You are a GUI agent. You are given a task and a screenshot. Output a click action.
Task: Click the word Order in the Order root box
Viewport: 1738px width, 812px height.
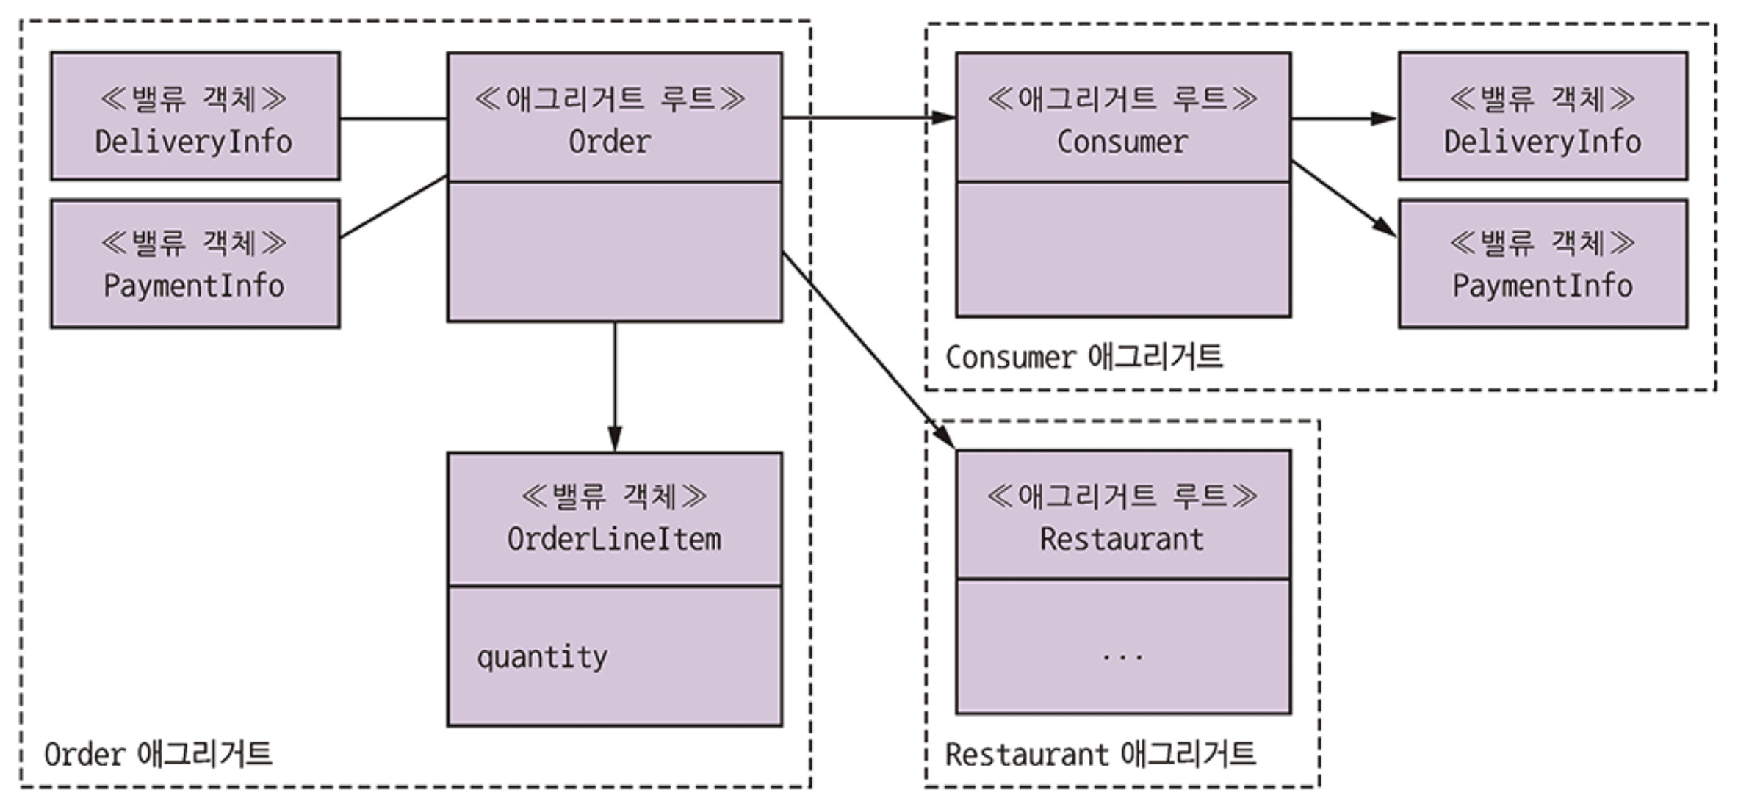pos(610,142)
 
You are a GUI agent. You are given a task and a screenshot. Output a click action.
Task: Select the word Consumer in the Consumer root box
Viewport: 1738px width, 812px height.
pos(1122,142)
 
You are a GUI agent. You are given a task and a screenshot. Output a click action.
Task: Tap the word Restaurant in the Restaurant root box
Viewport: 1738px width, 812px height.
pos(1122,540)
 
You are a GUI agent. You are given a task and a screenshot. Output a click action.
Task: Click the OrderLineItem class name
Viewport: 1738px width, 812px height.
pos(614,540)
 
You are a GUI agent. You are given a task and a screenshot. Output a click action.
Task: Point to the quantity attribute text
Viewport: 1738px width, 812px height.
pos(542,657)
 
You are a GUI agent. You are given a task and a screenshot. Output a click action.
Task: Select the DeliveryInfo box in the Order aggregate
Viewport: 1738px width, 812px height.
pos(195,116)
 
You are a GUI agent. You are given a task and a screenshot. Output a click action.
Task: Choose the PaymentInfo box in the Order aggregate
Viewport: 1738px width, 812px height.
pos(195,264)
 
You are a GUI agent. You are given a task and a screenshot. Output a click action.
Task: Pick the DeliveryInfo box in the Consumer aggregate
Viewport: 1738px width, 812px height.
pos(1543,116)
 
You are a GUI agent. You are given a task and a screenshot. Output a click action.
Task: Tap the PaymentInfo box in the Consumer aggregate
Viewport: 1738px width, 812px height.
pos(1543,264)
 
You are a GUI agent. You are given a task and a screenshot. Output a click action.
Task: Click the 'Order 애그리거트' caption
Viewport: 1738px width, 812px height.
pos(158,755)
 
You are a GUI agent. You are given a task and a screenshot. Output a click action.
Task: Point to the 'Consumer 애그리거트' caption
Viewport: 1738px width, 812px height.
pos(1083,358)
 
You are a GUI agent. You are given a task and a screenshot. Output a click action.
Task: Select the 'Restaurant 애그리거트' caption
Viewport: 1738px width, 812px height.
pos(1100,755)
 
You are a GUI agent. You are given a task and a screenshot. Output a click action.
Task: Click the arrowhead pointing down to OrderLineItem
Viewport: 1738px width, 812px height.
pos(615,439)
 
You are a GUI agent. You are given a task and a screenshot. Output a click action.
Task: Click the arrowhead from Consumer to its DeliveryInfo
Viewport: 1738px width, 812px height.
pos(1384,118)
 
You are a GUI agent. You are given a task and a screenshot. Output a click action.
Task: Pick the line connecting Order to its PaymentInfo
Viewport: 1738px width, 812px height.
pos(394,207)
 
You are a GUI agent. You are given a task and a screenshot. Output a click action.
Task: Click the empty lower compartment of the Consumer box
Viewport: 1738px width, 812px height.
pos(1122,250)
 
